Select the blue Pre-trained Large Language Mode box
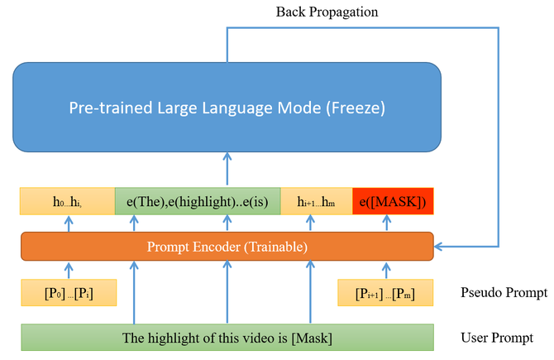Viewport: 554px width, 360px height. point(227,108)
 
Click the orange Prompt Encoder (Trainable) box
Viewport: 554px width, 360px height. point(227,246)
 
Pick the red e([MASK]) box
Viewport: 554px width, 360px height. point(393,201)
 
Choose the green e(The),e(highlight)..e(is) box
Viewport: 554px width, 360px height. point(198,201)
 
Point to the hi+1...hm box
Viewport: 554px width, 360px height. point(317,201)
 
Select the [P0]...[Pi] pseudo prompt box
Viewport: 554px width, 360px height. point(69,292)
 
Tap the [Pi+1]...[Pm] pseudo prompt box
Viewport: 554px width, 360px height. point(386,292)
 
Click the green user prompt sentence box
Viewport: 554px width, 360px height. point(227,337)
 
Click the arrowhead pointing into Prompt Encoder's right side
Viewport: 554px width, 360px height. point(440,246)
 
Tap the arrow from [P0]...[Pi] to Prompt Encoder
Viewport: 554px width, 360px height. point(69,270)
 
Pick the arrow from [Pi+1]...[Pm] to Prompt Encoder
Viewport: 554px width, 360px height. point(386,270)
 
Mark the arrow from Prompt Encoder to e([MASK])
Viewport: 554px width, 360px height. point(386,223)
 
